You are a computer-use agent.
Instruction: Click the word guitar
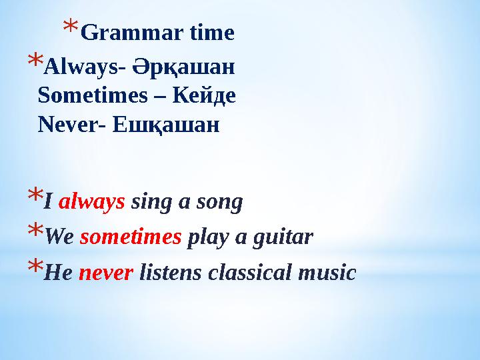tap(287, 237)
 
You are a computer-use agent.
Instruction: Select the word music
tap(327, 272)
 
